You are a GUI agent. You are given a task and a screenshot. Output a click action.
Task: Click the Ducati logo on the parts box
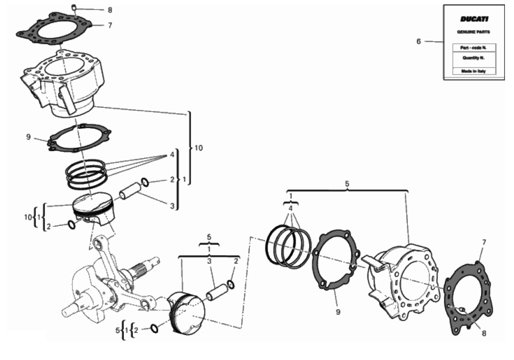[x=474, y=19]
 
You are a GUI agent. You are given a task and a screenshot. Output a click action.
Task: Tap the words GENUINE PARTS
[x=473, y=32]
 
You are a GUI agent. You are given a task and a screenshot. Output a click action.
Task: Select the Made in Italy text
[x=473, y=71]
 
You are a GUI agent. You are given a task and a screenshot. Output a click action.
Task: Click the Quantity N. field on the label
[x=473, y=58]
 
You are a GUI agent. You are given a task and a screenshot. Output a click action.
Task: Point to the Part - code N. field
[x=473, y=48]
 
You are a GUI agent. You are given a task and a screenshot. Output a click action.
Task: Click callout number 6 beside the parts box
[x=419, y=42]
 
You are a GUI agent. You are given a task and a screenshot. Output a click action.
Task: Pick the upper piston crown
[x=93, y=209]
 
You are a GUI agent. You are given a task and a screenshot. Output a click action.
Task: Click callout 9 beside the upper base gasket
[x=28, y=137]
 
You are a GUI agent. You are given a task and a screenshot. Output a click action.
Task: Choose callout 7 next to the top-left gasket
[x=110, y=25]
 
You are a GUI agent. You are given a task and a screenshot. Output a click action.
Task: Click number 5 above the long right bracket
[x=347, y=184]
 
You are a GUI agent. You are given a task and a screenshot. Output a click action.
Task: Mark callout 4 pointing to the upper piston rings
[x=172, y=155]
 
